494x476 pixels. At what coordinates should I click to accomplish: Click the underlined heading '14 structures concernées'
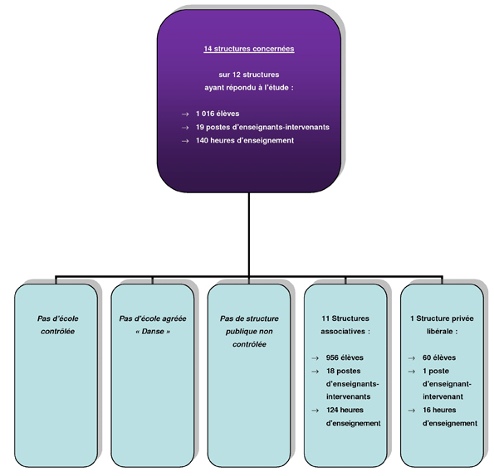coord(249,49)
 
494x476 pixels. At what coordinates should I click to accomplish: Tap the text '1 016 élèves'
coord(218,114)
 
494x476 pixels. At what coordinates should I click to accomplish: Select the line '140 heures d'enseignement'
coord(245,140)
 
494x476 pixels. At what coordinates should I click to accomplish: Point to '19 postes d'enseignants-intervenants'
coord(262,127)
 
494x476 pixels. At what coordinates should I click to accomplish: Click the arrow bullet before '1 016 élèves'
coord(185,114)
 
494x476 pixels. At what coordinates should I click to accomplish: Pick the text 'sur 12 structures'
coord(249,75)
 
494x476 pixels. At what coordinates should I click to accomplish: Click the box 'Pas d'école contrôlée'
coord(56,376)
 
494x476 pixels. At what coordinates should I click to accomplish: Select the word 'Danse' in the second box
coord(153,331)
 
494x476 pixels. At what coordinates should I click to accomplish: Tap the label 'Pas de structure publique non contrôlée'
coord(249,331)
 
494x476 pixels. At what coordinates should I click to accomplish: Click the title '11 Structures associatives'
coord(345,325)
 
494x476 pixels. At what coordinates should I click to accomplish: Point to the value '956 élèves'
coord(345,357)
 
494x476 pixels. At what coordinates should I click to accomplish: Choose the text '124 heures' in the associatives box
coord(345,410)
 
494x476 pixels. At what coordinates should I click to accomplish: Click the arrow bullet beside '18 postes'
coord(315,372)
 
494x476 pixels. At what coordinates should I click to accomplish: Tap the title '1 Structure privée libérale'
coord(442,325)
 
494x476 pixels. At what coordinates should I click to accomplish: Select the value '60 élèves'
coord(439,357)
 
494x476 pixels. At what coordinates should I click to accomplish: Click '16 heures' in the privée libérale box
coord(439,410)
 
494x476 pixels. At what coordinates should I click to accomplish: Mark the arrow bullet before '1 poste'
coord(412,372)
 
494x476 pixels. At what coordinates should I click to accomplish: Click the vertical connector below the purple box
coord(249,234)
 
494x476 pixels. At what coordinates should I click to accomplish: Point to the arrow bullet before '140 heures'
coord(185,141)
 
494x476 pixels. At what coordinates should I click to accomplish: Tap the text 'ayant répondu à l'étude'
coord(249,88)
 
